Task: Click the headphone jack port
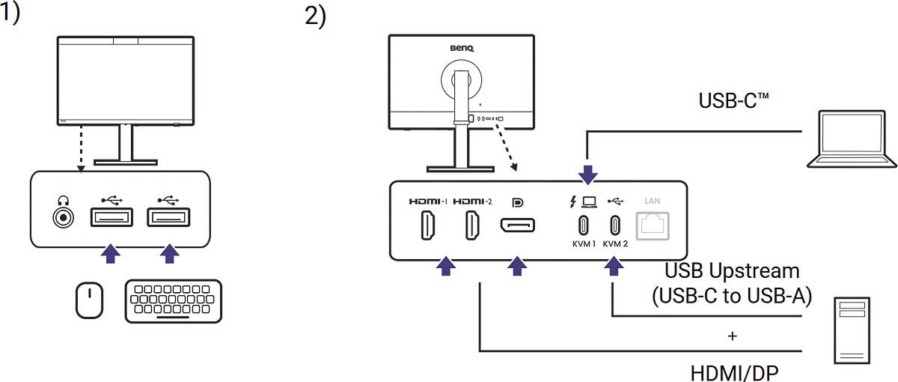(63, 218)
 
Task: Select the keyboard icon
(173, 301)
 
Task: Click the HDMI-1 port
(427, 226)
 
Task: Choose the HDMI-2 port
(473, 226)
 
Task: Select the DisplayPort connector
(517, 226)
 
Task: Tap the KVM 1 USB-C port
(583, 225)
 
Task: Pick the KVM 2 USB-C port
(615, 225)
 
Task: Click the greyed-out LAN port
(651, 225)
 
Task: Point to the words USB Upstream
(732, 270)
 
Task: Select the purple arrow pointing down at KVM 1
(588, 175)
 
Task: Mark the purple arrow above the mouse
(111, 253)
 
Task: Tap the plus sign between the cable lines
(732, 336)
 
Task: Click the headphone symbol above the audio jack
(63, 200)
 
